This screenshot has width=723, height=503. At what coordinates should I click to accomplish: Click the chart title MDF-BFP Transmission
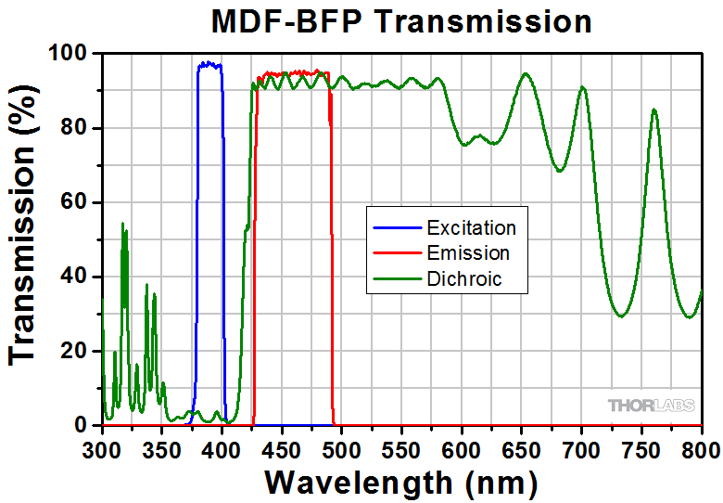[401, 20]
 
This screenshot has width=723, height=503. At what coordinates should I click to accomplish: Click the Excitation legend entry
[471, 228]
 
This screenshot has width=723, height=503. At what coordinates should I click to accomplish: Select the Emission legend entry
[467, 252]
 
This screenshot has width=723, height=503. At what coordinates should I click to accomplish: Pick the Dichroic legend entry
[463, 277]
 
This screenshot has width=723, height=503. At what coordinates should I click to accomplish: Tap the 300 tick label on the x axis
[101, 449]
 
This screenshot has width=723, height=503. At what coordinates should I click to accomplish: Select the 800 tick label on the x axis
[700, 449]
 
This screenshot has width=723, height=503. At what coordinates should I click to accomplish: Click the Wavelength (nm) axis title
[400, 483]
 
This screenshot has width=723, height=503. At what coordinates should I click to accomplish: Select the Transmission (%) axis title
[25, 239]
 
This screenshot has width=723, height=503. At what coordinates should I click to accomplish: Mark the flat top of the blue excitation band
[209, 64]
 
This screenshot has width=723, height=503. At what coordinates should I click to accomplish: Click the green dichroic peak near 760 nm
[654, 110]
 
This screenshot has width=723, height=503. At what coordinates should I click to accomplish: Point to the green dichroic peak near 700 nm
[582, 87]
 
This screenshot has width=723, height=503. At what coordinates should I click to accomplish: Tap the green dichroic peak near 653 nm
[526, 73]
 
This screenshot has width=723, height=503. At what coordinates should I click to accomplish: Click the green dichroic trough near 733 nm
[620, 316]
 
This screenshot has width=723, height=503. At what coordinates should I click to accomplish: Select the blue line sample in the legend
[397, 228]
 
